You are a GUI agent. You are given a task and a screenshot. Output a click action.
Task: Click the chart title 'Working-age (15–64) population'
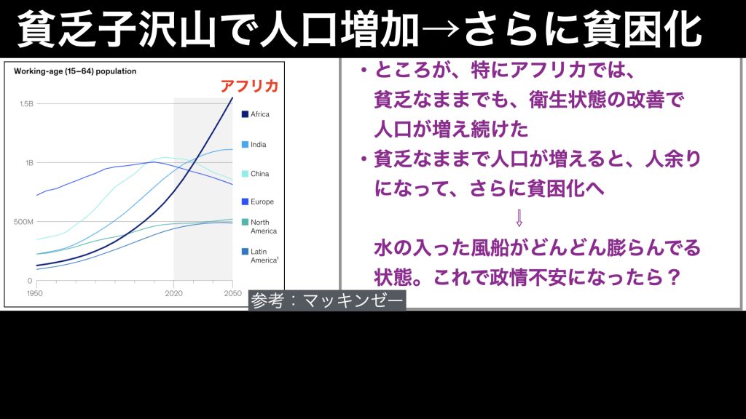tap(75, 71)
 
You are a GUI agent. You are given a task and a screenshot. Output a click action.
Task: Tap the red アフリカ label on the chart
tap(249, 86)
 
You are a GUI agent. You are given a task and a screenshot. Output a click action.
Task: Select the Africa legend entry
tap(256, 114)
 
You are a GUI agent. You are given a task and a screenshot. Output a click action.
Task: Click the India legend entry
tap(254, 145)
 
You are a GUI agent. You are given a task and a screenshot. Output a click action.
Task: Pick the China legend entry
tap(256, 174)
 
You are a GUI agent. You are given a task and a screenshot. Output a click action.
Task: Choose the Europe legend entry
tap(258, 202)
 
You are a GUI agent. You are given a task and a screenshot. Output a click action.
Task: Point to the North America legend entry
tap(259, 227)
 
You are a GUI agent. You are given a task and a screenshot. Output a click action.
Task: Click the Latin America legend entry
tap(260, 255)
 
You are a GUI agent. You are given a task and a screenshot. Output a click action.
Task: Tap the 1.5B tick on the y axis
tap(27, 103)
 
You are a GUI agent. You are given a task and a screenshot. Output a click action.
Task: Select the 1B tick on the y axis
tap(29, 162)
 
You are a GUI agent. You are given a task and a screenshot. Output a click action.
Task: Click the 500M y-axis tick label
tap(24, 222)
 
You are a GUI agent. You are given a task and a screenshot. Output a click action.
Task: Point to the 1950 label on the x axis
tap(35, 294)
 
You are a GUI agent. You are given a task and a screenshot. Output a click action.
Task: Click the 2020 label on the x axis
tap(173, 294)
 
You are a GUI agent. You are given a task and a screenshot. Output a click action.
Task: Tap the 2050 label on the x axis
tap(233, 294)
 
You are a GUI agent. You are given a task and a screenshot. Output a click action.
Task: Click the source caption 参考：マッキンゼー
tap(327, 300)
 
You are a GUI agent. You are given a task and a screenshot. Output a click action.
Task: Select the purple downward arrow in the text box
tap(519, 218)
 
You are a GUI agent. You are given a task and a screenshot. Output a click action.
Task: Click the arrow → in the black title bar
tap(441, 30)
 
